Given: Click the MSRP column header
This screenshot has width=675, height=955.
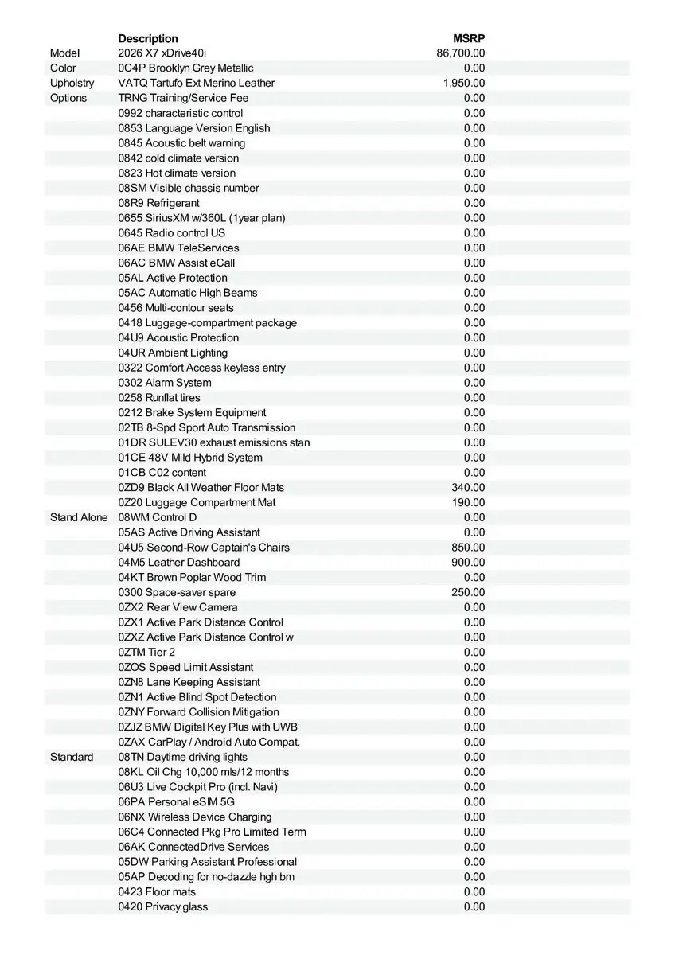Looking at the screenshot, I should [469, 38].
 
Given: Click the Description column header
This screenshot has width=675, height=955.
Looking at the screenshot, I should [148, 38].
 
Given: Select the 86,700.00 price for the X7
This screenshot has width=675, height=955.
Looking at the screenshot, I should [461, 53].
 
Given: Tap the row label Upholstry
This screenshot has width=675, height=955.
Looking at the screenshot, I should [72, 83].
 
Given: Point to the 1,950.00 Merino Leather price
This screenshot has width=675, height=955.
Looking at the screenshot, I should [464, 83].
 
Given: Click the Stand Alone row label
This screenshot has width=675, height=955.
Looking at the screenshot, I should [78, 517].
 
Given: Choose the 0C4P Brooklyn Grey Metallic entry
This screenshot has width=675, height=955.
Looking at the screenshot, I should [185, 68].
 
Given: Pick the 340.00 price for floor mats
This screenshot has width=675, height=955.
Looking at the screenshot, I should [468, 487].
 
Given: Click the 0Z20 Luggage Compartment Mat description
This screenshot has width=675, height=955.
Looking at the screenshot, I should [197, 502].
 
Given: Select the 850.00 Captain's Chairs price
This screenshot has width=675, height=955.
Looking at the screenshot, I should [468, 548].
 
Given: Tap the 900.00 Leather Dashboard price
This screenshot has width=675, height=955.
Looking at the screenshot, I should [468, 562].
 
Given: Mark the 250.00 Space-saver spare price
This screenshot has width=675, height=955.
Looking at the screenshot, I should [468, 592].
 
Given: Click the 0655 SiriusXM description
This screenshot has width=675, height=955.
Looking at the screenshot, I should [201, 218].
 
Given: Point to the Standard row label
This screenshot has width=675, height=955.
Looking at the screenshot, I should [72, 757].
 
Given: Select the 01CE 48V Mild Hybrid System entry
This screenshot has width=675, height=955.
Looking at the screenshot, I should [190, 458].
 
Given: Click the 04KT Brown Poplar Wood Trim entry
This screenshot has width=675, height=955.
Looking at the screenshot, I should [192, 577].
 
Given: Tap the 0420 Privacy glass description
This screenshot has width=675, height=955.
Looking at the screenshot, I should [163, 906].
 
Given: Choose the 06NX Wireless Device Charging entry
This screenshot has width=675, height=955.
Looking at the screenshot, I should [195, 817].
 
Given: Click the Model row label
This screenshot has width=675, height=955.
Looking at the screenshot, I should [65, 53].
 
